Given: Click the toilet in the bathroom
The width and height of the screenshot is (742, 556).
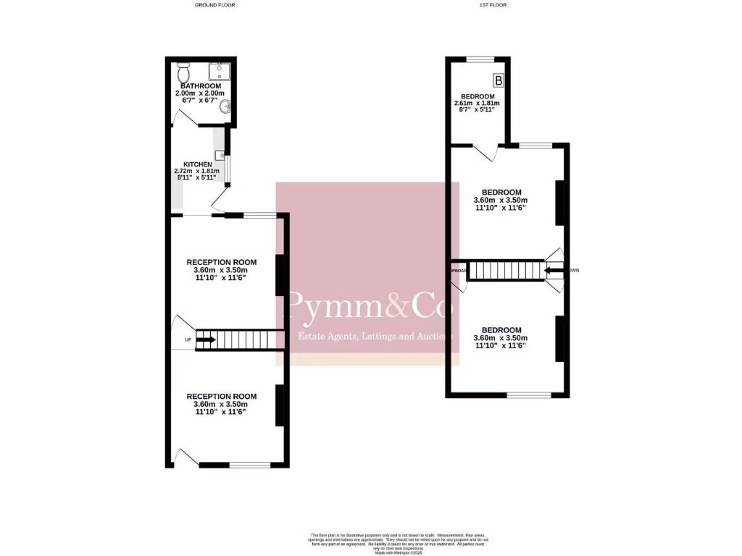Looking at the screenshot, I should click(183, 73).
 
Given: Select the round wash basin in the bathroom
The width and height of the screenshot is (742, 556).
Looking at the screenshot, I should click(227, 108).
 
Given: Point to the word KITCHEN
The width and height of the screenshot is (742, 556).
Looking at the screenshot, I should click(198, 164).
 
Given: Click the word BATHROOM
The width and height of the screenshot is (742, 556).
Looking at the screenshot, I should click(201, 86).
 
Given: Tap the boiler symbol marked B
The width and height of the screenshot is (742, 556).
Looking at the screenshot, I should click(498, 80).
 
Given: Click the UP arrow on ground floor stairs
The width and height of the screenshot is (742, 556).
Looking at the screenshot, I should click(206, 340).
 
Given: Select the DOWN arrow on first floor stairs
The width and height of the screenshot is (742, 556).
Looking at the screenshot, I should click(554, 271).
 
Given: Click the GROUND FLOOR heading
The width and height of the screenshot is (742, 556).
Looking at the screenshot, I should click(215, 5).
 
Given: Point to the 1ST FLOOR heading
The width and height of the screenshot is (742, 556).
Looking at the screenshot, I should click(493, 5).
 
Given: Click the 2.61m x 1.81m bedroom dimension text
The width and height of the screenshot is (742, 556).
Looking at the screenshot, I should click(477, 104).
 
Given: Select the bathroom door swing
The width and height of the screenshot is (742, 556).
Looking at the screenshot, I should click(182, 122).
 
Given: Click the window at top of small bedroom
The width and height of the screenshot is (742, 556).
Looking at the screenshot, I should click(479, 59).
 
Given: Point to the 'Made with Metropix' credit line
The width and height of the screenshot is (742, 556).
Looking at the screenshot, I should click(398, 553).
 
